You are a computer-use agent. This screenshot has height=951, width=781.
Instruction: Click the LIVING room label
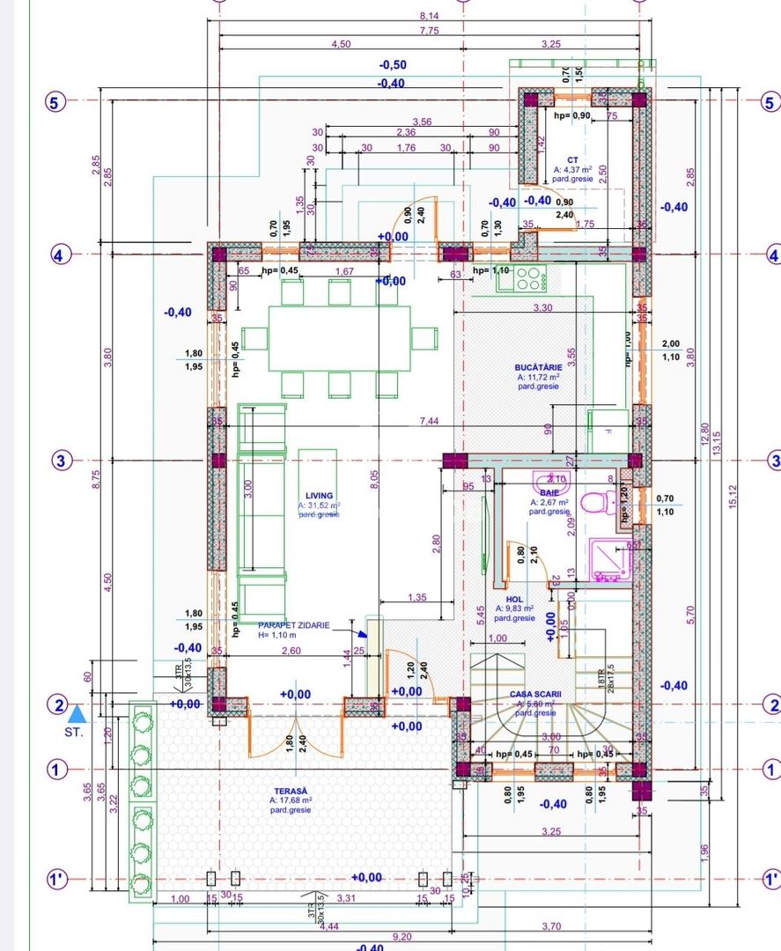tap(313, 496)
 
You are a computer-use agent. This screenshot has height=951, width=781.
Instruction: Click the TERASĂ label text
tap(290, 791)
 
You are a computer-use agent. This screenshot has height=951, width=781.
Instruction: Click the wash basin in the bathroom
tap(552, 478)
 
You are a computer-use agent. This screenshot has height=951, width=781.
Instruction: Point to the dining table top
tap(339, 338)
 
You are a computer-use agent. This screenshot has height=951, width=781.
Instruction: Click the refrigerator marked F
tap(608, 431)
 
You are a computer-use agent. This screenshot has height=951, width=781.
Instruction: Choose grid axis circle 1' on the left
tap(56, 879)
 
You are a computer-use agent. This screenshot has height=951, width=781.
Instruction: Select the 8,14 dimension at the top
tap(429, 16)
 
